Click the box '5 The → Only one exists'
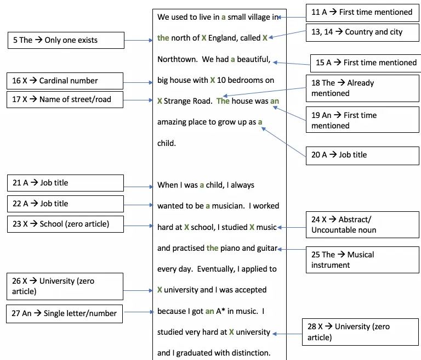[66, 40]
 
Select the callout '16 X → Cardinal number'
[65, 81]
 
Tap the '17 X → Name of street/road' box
[65, 99]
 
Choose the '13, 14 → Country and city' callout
[362, 32]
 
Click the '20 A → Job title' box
[362, 156]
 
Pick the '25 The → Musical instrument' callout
[362, 260]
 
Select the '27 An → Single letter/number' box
[65, 314]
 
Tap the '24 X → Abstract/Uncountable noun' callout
[362, 225]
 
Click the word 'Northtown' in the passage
[177, 59]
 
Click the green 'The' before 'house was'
[223, 101]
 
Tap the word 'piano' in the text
[230, 249]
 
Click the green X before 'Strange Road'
[160, 101]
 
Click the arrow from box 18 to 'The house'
[265, 92]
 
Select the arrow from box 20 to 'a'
[284, 142]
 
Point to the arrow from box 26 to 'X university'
[138, 290]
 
